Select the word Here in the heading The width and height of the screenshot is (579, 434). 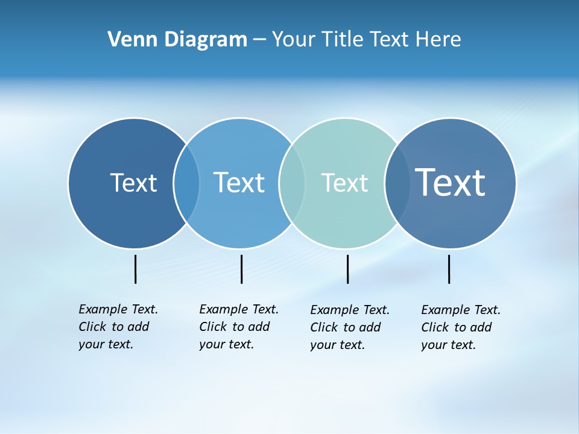438,40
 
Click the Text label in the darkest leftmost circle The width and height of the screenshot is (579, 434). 133,183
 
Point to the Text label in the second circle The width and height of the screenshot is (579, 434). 239,183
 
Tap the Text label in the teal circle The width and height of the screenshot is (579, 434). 344,183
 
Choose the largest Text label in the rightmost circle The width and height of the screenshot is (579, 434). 451,183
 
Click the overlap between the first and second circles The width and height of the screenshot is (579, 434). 186,183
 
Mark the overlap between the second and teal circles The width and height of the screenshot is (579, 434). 292,183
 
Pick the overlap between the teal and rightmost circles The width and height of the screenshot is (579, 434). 397,183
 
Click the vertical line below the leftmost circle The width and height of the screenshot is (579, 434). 135,269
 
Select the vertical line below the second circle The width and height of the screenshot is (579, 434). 241,269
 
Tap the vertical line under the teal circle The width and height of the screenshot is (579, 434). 347,269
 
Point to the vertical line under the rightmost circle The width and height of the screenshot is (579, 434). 449,269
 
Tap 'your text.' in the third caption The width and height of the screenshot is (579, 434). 338,345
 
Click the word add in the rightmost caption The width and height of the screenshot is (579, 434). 481,327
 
